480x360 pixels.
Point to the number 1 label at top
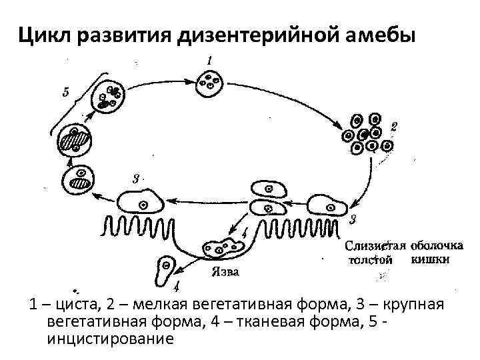[209, 61]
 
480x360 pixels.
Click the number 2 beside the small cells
[393, 125]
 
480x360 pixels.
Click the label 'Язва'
[223, 272]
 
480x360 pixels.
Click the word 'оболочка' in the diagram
[435, 245]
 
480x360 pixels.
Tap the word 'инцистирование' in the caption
[110, 339]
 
